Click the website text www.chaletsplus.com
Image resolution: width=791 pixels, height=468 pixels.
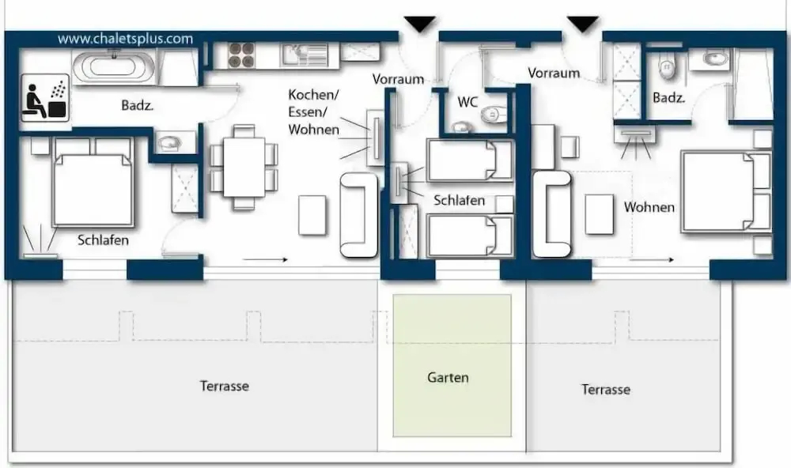click(125, 39)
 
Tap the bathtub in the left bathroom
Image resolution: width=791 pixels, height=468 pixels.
click(114, 68)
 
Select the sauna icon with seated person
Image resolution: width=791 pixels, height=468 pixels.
click(45, 98)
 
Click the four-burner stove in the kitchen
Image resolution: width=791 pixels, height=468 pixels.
click(241, 55)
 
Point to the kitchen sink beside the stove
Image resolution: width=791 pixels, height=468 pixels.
click(305, 55)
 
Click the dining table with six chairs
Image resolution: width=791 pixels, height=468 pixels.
click(244, 167)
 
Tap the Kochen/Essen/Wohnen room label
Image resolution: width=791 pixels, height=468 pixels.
click(314, 112)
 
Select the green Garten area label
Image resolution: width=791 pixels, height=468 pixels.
click(448, 377)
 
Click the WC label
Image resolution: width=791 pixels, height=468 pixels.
click(467, 102)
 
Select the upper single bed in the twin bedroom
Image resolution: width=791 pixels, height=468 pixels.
click(470, 160)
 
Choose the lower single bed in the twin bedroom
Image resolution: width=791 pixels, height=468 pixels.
click(470, 236)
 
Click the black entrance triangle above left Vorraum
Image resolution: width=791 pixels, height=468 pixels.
click(420, 24)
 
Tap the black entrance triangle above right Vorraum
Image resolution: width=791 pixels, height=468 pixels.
click(583, 24)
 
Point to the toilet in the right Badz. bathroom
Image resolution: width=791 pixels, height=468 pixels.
click(667, 66)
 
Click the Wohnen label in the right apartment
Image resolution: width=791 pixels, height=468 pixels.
click(649, 207)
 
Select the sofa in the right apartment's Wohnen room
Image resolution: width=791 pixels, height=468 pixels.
click(552, 213)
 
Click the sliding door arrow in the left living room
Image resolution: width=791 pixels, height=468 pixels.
click(265, 260)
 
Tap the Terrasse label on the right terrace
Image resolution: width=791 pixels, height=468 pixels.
click(606, 389)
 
